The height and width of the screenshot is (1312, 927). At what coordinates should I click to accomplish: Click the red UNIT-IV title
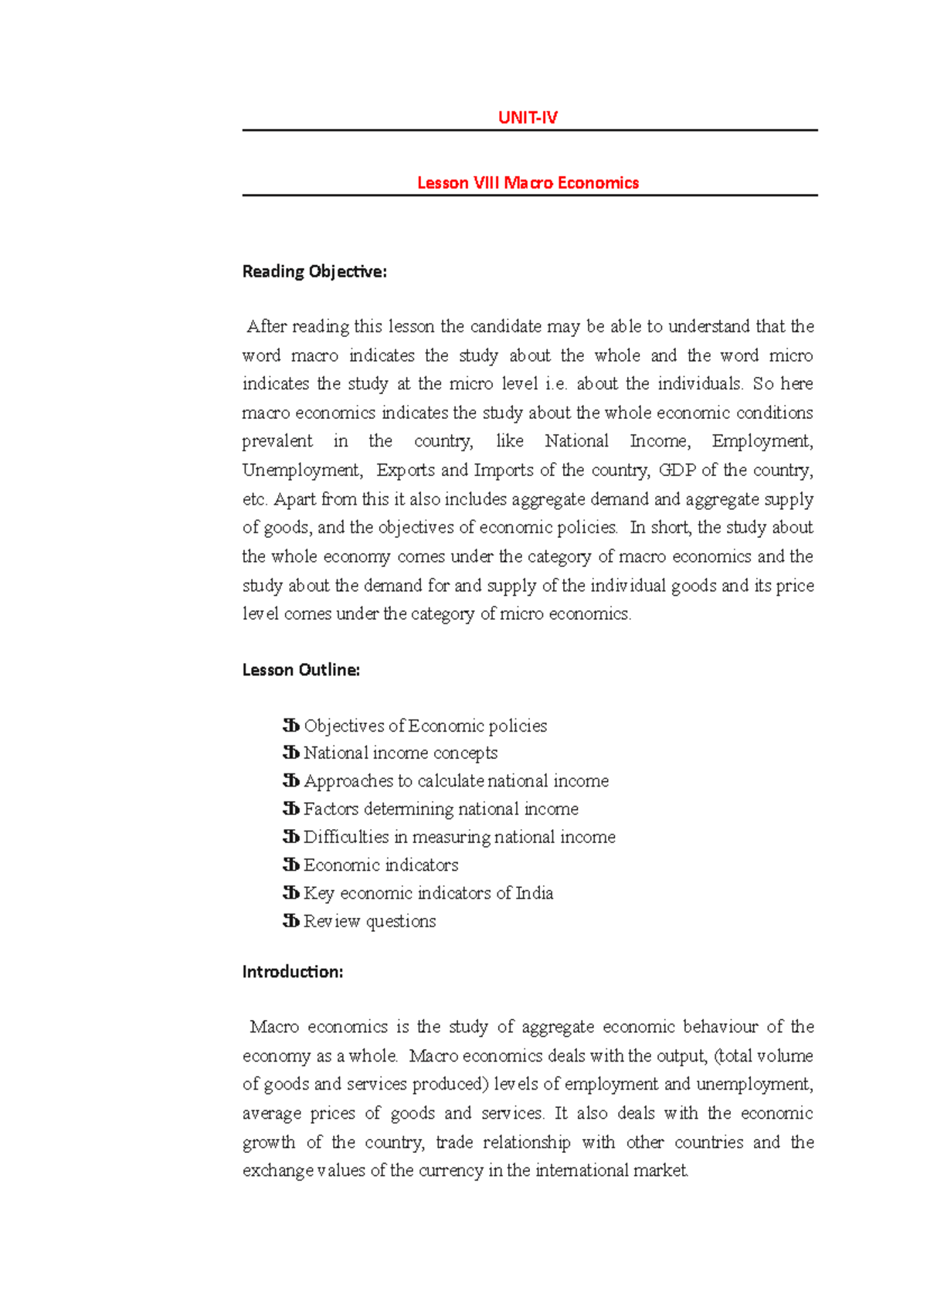(528, 117)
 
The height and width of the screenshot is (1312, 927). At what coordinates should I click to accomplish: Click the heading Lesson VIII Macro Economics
(528, 183)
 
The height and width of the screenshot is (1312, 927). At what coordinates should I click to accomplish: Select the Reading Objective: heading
(314, 272)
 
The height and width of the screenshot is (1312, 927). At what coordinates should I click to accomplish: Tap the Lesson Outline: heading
(301, 670)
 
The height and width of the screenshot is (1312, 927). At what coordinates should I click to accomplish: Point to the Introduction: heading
(293, 972)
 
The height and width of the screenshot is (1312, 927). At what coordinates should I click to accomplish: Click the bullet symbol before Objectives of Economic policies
(291, 726)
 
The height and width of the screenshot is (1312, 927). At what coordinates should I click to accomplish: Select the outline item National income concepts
(400, 753)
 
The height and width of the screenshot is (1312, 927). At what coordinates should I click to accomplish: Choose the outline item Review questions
(369, 921)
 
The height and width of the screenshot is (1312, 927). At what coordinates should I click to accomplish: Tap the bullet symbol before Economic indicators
(291, 865)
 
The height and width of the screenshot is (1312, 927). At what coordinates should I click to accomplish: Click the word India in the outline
(534, 893)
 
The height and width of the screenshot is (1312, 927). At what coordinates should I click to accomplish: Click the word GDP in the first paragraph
(677, 471)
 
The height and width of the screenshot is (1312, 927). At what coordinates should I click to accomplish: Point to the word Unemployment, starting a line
(301, 471)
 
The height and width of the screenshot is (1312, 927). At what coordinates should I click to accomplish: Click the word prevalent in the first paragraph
(277, 441)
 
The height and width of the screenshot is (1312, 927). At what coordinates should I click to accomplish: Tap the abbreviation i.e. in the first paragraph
(555, 384)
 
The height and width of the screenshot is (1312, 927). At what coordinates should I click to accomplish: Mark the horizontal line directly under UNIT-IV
(529, 131)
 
